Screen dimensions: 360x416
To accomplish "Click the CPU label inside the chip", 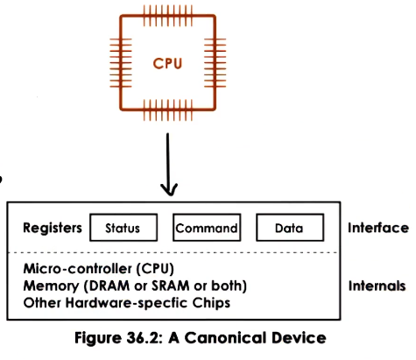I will [168, 63].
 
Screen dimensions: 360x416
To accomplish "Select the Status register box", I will [123, 229].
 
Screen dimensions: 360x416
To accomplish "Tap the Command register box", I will [207, 229].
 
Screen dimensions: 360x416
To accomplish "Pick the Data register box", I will [288, 229].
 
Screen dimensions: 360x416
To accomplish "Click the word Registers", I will [53, 228].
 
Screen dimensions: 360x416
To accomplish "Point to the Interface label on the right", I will [377, 228].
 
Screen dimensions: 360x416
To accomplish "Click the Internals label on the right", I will [377, 286].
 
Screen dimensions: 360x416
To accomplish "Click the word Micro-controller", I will [74, 268].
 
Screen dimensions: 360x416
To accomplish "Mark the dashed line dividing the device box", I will [175, 254].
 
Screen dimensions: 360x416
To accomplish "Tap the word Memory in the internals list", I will [51, 286].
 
